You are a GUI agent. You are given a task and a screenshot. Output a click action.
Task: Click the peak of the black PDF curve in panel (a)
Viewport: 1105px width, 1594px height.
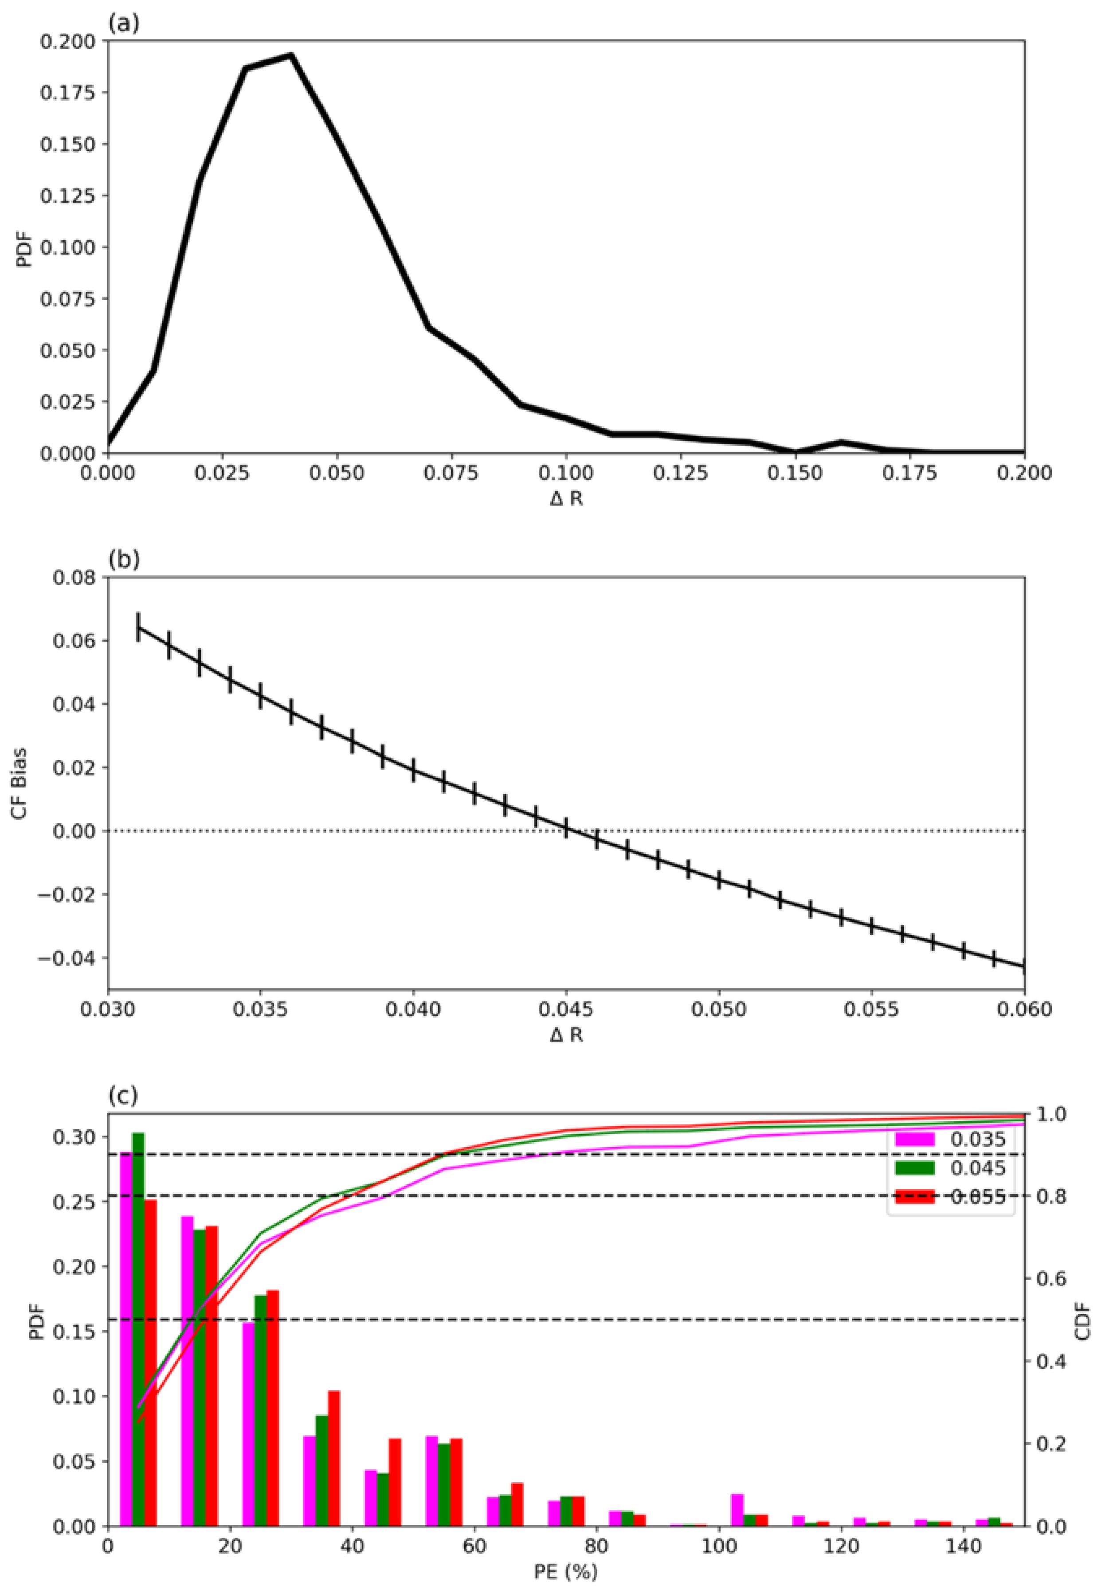[x=291, y=55]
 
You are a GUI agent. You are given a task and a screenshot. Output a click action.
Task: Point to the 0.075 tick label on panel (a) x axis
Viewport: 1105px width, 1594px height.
[x=451, y=474]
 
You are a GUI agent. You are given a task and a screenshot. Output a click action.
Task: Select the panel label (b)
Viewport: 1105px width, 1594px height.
[x=124, y=559]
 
